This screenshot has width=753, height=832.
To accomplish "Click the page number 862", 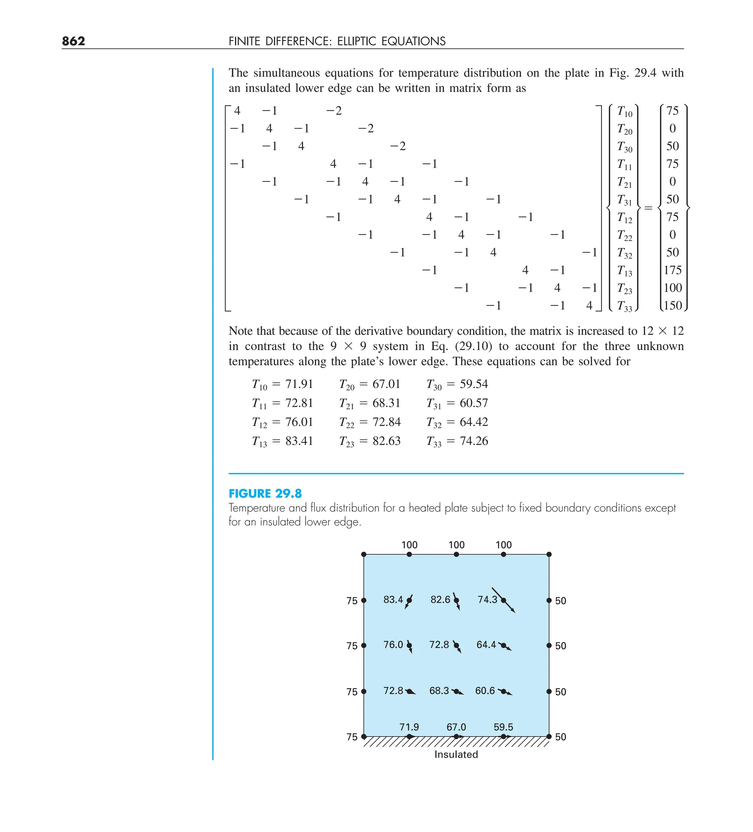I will [74, 41].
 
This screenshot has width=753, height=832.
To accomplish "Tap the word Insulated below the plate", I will [456, 754].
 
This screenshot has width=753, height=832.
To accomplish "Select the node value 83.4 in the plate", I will [393, 600].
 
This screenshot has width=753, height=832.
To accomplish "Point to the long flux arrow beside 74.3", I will [504, 601].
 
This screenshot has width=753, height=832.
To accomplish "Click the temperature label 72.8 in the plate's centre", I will [439, 645].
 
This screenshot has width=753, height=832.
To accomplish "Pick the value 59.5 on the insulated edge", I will [503, 727].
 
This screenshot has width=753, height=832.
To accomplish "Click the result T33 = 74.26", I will [457, 441].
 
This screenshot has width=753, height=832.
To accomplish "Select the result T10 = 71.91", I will [283, 384].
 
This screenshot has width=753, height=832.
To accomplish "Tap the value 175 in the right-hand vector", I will [672, 270].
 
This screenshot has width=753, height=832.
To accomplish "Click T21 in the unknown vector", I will [624, 182].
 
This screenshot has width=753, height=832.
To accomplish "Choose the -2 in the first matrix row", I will [334, 111].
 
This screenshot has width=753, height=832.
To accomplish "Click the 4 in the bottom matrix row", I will [589, 305].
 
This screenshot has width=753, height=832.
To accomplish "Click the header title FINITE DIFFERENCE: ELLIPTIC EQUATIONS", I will [337, 41].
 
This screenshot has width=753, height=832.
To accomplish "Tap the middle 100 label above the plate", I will [456, 545].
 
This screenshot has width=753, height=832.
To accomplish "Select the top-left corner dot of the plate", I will [364, 554].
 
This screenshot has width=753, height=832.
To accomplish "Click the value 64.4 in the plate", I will [486, 645].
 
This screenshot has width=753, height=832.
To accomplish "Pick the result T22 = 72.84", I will [370, 422].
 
